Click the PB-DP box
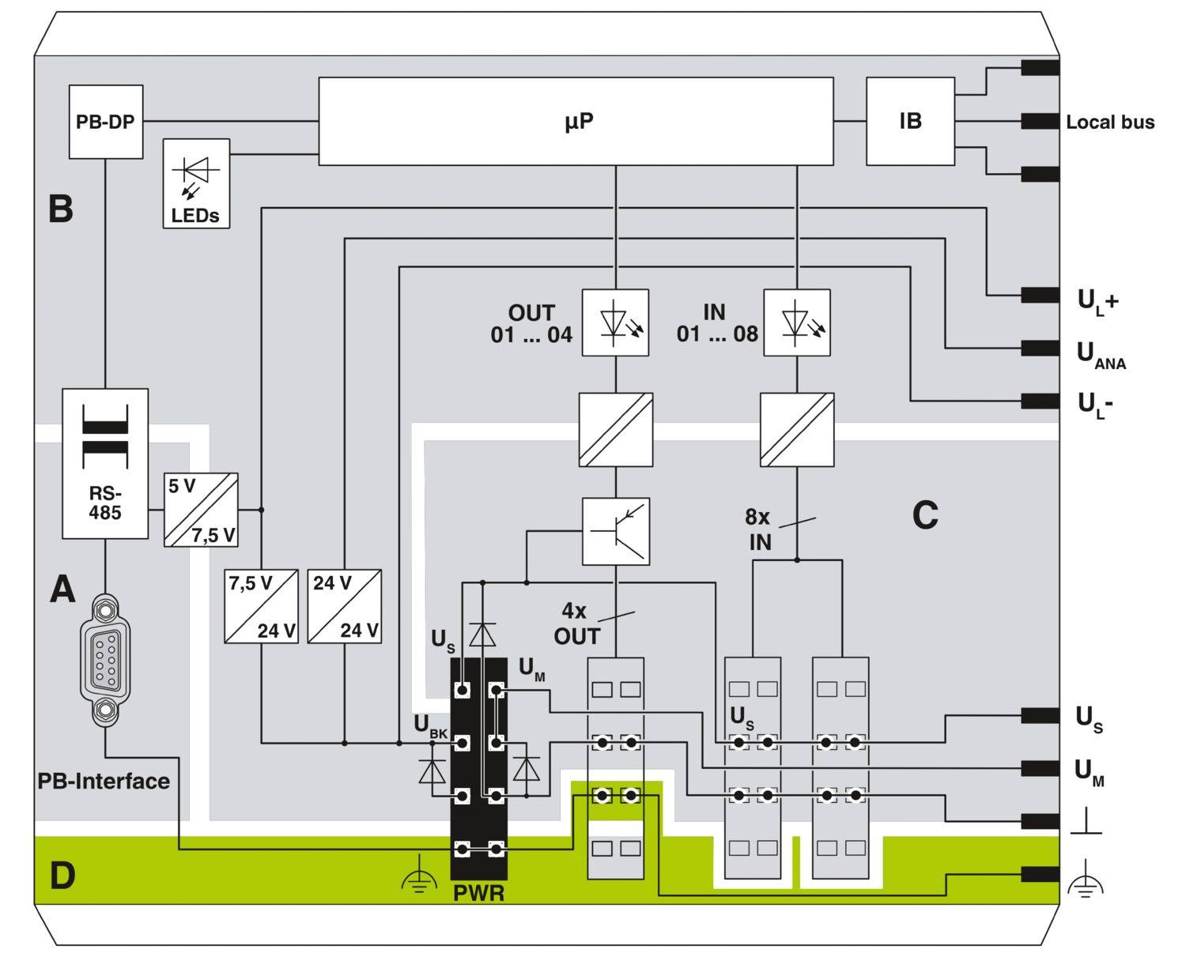pyautogui.click(x=106, y=122)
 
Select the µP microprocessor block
pyautogui.click(x=576, y=121)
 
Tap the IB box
pyautogui.click(x=910, y=121)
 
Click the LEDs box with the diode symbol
pyautogui.click(x=196, y=183)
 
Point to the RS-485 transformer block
pyautogui.click(x=105, y=463)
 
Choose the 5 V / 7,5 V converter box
pyautogui.click(x=201, y=510)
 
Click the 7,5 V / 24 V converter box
pyautogui.click(x=261, y=606)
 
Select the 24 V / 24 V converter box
pyautogui.click(x=345, y=606)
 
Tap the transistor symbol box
pyautogui.click(x=616, y=531)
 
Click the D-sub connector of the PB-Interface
pyautogui.click(x=105, y=661)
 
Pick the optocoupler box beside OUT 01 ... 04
pyautogui.click(x=615, y=322)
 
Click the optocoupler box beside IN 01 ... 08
pyautogui.click(x=797, y=322)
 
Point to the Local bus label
pyautogui.click(x=1110, y=122)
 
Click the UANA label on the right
pyautogui.click(x=1101, y=355)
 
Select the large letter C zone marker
pyautogui.click(x=925, y=515)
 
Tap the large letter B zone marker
pyautogui.click(x=61, y=209)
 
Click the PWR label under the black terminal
pyautogui.click(x=479, y=894)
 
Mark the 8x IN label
pyautogui.click(x=758, y=529)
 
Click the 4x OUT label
pyautogui.click(x=577, y=624)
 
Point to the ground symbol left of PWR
pyautogui.click(x=419, y=875)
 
